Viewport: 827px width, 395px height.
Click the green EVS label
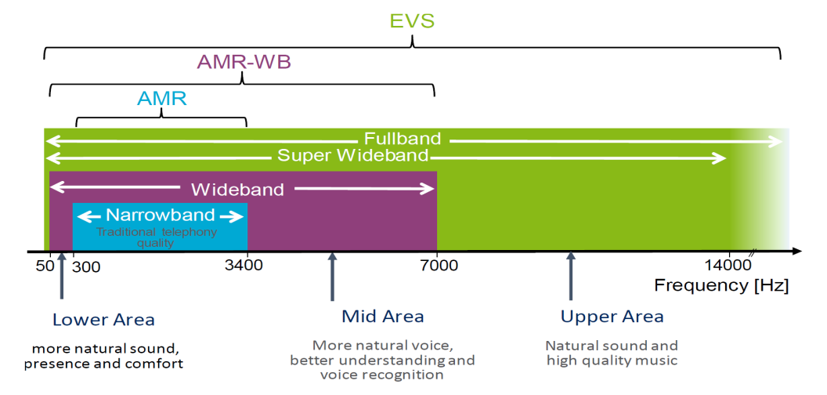pos(413,21)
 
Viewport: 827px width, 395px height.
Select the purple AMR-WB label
pos(244,63)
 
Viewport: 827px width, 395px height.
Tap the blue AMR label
pos(162,99)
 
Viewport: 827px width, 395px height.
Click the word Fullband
pos(403,139)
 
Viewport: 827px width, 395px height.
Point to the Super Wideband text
pos(353,155)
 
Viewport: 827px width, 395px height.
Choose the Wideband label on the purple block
pos(237,189)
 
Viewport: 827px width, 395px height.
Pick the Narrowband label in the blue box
pos(161,215)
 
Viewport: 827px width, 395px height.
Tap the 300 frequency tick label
pos(86,266)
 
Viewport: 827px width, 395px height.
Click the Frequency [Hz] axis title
pos(721,286)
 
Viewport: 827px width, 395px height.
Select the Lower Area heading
pos(103,320)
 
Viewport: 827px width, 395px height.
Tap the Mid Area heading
pos(383,317)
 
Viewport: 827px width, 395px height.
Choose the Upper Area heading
pos(612,317)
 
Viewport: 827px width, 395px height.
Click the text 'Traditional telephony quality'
pos(156,237)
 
